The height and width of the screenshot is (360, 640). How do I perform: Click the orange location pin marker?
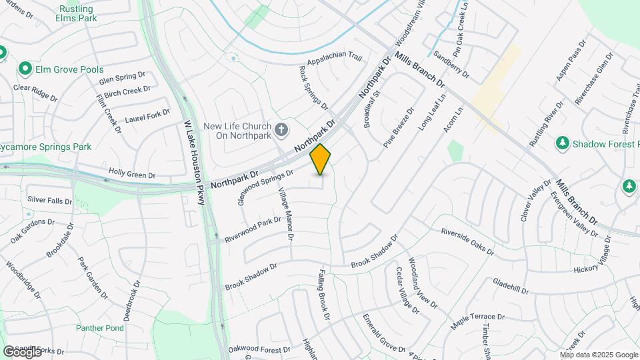pos(321,159)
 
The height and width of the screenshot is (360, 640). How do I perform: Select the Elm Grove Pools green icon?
pos(25,69)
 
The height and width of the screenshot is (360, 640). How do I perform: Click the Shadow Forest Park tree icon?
pos(563,143)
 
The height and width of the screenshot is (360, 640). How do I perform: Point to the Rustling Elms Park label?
pos(77,13)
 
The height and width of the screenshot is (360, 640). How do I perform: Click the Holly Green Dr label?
pos(132,173)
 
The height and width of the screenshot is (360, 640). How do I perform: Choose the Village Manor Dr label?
pos(285,213)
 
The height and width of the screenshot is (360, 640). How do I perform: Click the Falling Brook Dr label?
pos(323,294)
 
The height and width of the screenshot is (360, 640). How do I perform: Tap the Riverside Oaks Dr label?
pos(467,241)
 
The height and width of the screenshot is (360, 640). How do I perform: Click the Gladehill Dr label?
pos(511,287)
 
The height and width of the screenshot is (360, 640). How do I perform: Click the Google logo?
pos(22,351)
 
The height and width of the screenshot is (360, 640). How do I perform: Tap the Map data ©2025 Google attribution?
pos(599,355)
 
